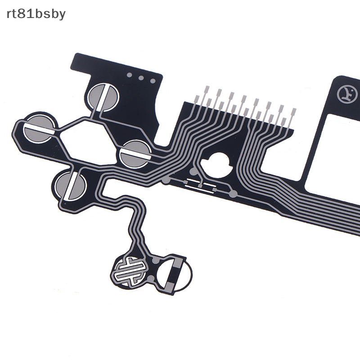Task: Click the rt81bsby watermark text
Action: coord(36,14)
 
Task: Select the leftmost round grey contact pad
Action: coord(39,128)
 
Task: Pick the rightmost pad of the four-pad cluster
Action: coord(135,154)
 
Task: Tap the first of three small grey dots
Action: coord(130,75)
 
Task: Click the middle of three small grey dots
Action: coord(141,78)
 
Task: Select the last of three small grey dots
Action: coord(153,81)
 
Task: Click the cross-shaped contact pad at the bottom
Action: coord(130,272)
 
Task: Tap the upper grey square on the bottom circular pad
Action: coord(176,263)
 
